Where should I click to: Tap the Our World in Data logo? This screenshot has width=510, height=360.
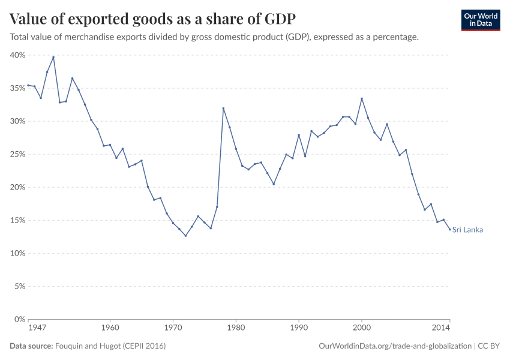[x=480, y=20]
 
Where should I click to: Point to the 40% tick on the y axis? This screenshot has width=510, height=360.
[x=17, y=55]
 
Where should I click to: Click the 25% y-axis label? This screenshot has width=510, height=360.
[x=17, y=154]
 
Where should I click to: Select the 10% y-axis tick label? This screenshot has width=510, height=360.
[x=17, y=253]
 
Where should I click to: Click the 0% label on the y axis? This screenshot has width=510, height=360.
[x=19, y=319]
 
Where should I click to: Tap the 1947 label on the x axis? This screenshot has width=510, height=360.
[x=37, y=328]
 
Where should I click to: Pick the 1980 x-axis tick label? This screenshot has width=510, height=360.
[x=236, y=328]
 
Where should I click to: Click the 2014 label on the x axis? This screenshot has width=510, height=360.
[x=441, y=328]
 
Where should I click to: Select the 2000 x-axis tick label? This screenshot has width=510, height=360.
[x=361, y=328]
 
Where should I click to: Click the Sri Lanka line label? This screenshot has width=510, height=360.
[x=467, y=230]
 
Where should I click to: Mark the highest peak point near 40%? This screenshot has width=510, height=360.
[x=53, y=57]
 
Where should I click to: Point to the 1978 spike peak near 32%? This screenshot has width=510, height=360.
[x=223, y=109]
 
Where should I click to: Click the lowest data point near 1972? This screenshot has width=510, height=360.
[x=185, y=236]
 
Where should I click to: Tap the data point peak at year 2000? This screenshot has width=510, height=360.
[x=362, y=98]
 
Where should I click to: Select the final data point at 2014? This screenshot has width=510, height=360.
[x=449, y=229]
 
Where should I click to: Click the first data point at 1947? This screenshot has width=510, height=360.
[x=28, y=85]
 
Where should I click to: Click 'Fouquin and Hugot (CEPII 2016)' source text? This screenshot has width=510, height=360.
[x=110, y=346]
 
